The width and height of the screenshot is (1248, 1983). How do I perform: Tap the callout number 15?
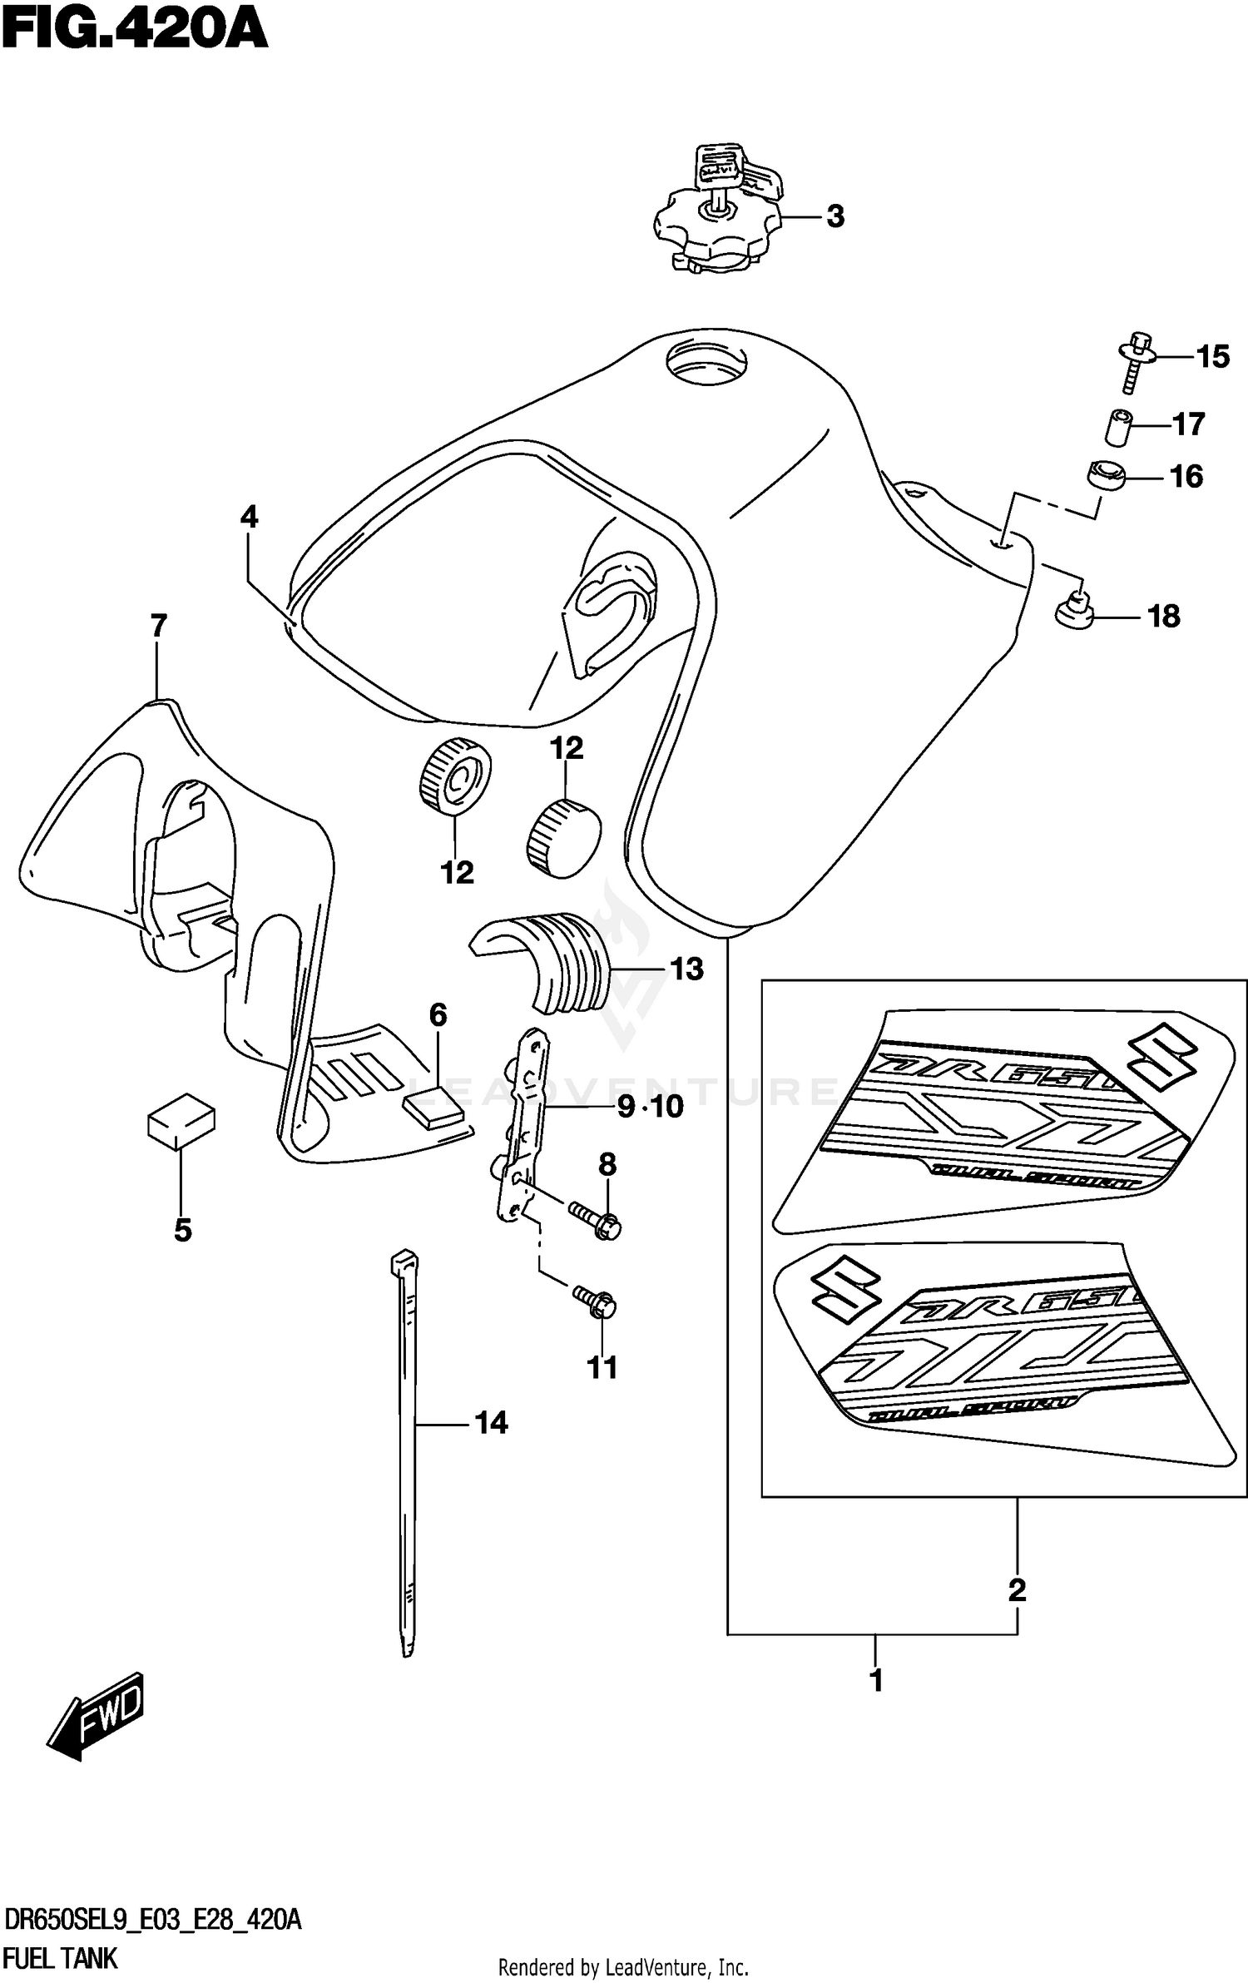coord(1212,357)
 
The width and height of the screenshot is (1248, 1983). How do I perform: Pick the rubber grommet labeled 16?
coord(1105,477)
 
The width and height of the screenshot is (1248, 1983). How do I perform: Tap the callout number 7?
coord(158,625)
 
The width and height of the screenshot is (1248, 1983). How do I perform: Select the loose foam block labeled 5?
coord(181,1121)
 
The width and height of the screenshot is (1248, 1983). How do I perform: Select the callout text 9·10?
coord(651,1106)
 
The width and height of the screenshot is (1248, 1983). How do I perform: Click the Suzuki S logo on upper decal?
coord(1163,1062)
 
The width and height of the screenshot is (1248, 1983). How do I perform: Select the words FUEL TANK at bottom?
coord(61,1959)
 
